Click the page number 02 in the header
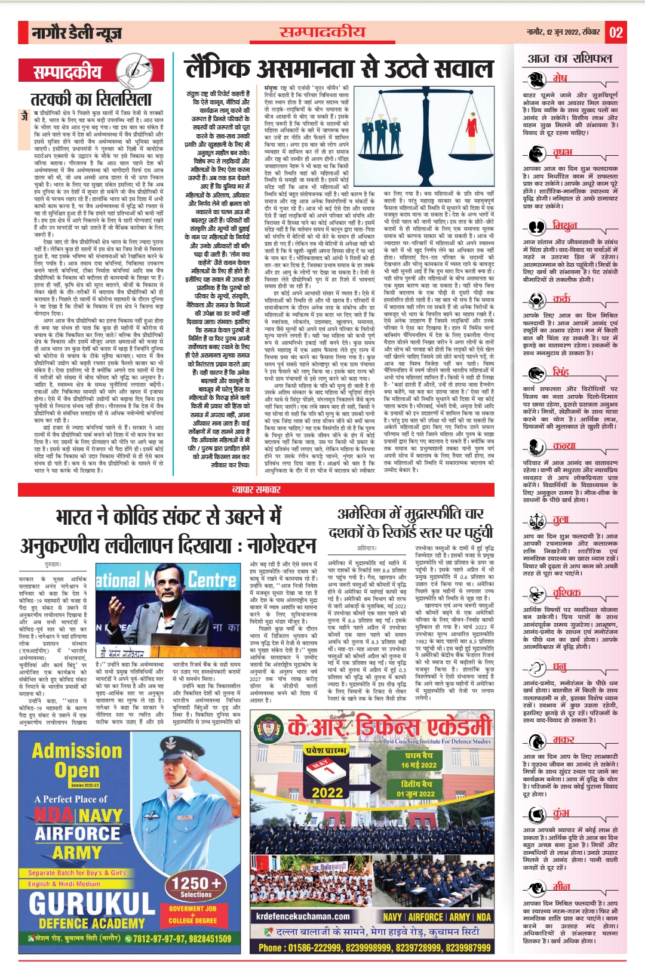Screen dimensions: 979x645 [616, 32]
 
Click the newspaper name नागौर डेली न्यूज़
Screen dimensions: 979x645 [76, 33]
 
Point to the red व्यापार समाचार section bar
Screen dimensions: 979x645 [256, 489]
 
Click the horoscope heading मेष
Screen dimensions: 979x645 [560, 78]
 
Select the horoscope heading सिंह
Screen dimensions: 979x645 [561, 372]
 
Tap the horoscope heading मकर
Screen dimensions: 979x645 [563, 740]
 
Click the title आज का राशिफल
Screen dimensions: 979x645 [570, 59]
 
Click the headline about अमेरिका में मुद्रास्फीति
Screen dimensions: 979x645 [411, 522]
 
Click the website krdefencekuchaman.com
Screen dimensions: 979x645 [303, 916]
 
